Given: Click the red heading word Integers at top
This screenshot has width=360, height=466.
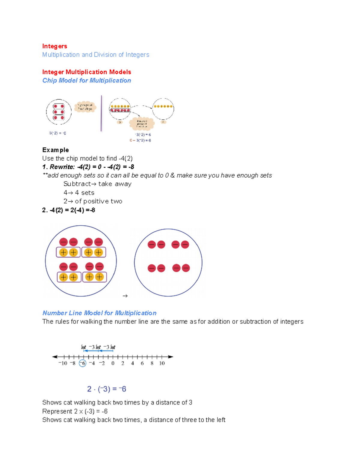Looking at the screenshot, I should click(x=55, y=46).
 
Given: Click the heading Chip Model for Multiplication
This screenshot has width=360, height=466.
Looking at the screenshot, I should click(x=86, y=80).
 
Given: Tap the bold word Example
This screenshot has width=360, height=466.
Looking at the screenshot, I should click(x=55, y=150).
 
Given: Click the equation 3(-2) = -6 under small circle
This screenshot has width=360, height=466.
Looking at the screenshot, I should click(x=58, y=133).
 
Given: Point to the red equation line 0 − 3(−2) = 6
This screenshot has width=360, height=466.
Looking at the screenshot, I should click(x=140, y=140).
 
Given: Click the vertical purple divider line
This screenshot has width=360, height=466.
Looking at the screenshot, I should click(x=101, y=113).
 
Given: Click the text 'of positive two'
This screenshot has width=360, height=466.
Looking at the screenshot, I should click(x=98, y=201).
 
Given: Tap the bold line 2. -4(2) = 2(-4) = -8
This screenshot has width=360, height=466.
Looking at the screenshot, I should click(x=69, y=210).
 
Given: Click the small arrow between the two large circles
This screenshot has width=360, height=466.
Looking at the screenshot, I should click(x=125, y=296).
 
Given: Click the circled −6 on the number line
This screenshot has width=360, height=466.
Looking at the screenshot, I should click(x=82, y=363).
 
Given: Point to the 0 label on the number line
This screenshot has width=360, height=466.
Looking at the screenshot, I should click(x=113, y=363).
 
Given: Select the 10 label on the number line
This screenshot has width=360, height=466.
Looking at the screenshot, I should click(x=162, y=363).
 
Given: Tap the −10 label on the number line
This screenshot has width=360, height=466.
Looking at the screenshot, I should click(x=63, y=363).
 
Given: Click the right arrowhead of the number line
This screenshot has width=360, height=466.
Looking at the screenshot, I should click(x=171, y=357).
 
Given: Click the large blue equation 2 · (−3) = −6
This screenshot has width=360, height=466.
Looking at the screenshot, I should click(x=106, y=389).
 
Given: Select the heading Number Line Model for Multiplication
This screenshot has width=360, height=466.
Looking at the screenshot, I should click(x=99, y=313).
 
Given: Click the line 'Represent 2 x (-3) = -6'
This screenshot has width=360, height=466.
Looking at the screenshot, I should click(x=75, y=411).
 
